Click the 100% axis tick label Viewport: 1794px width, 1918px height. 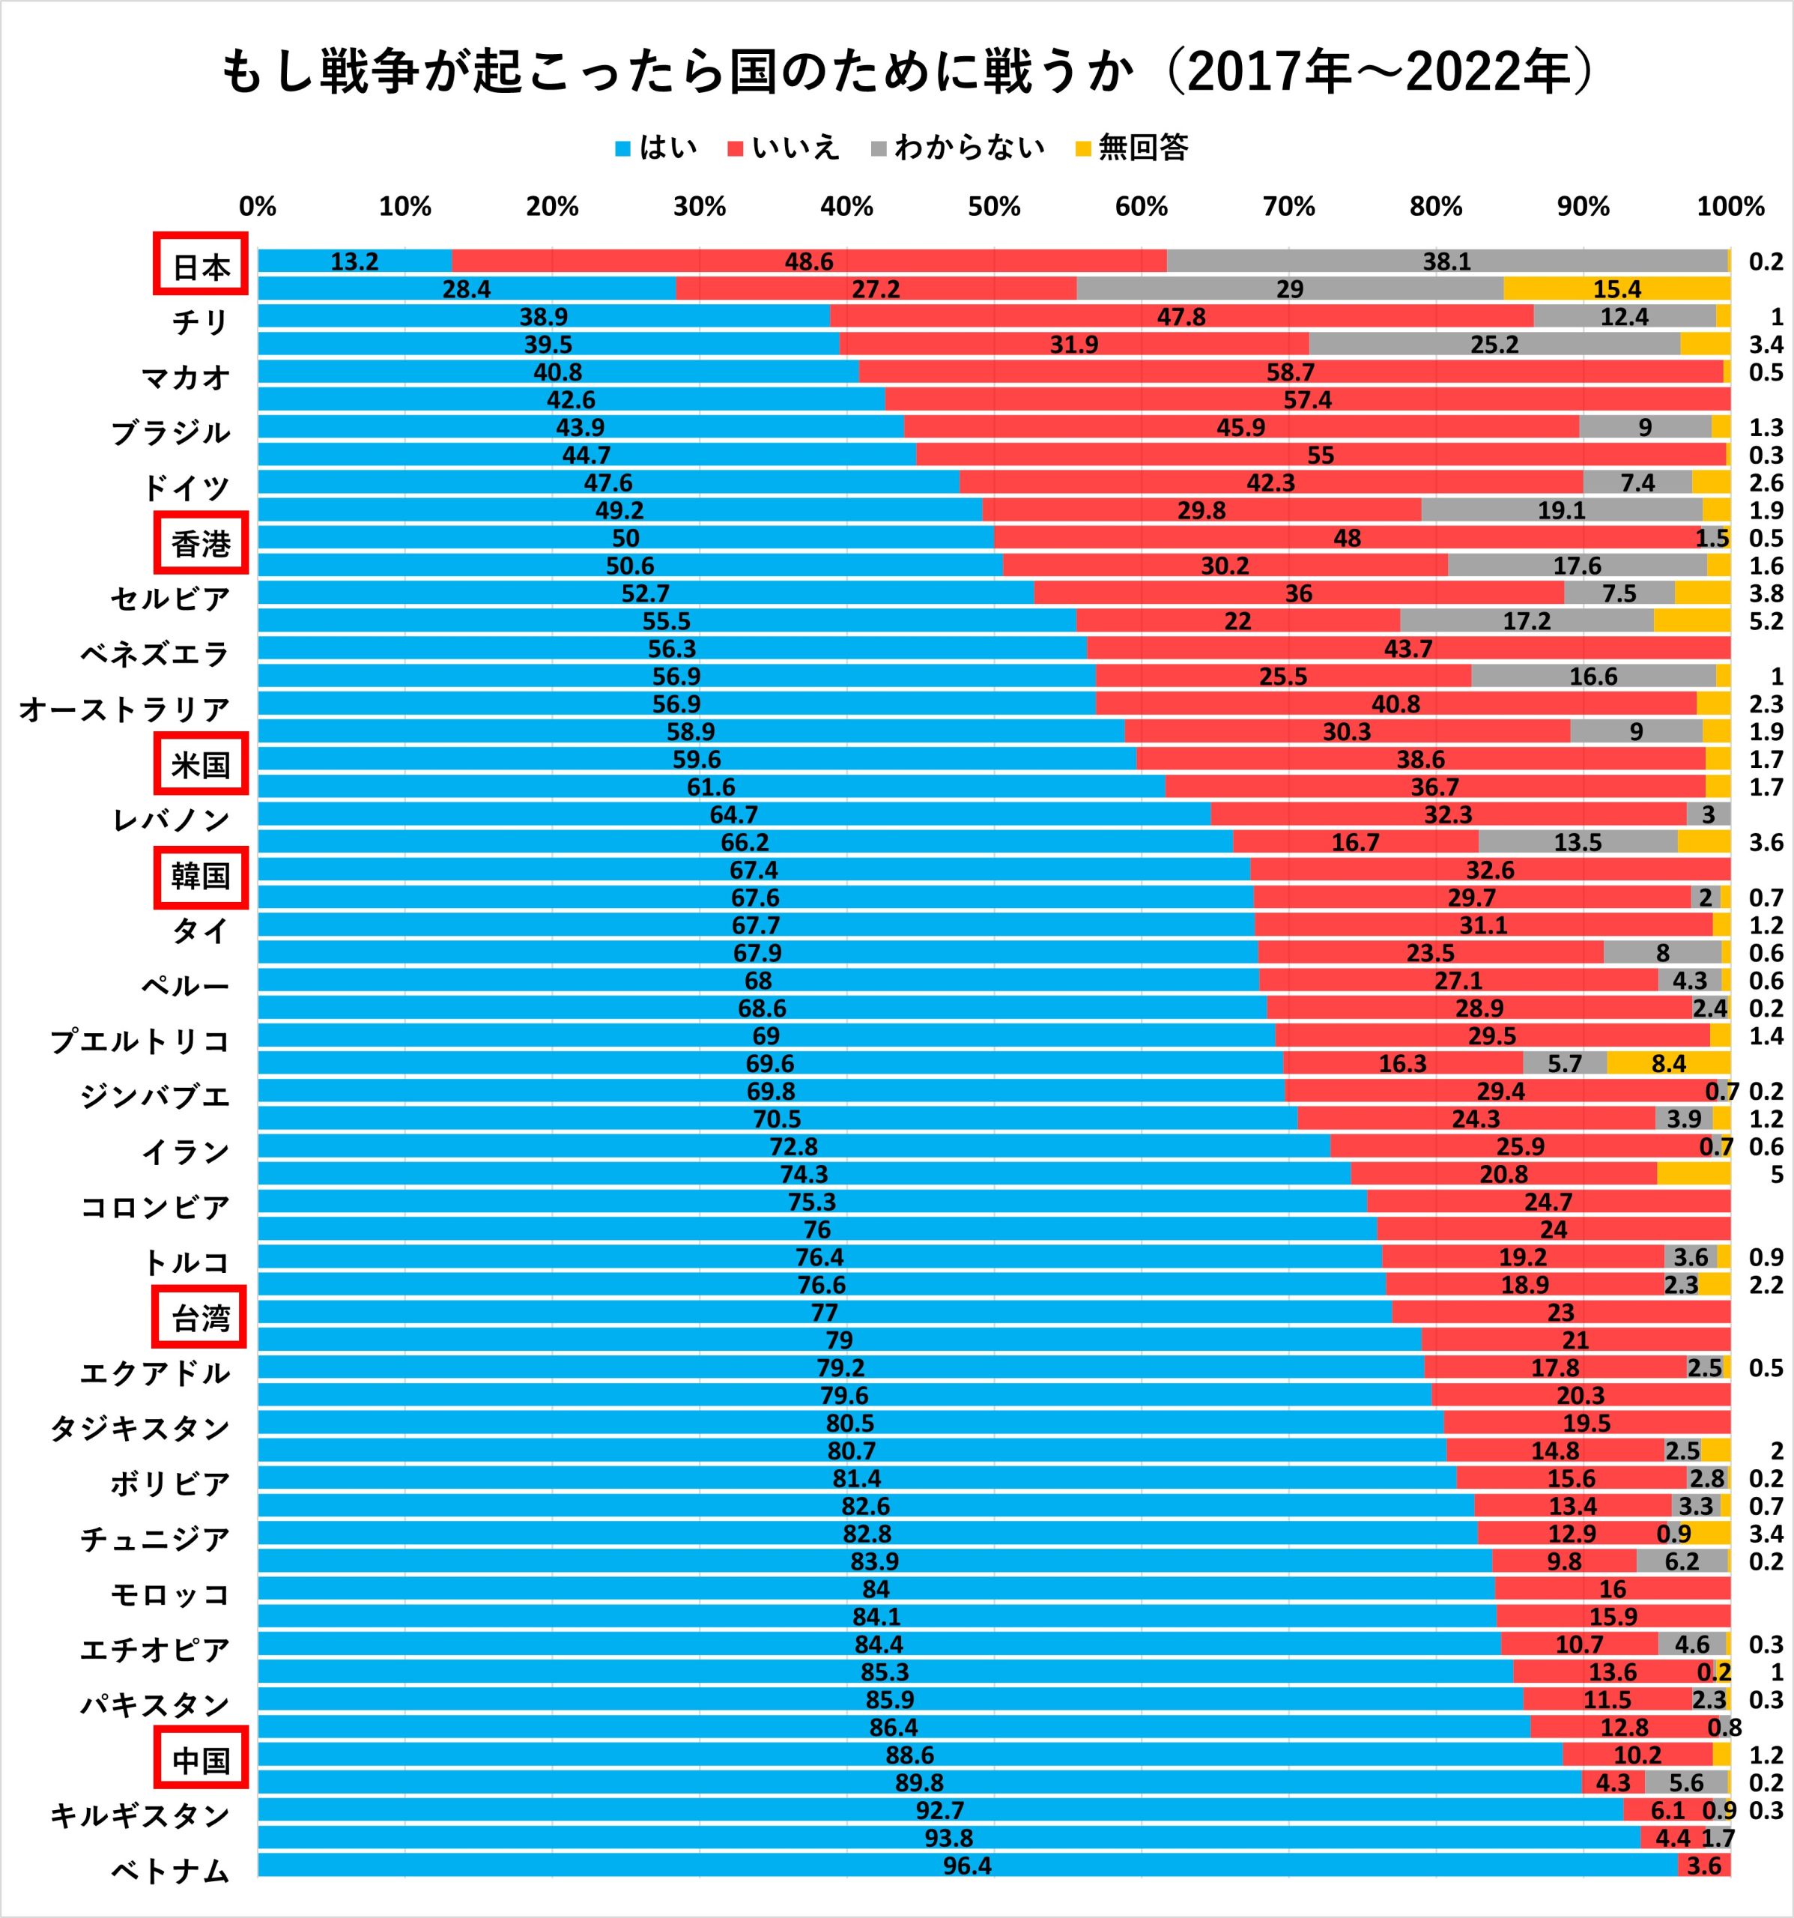tap(1730, 207)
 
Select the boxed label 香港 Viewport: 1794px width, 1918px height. tap(201, 544)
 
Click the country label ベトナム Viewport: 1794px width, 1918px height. tap(170, 1871)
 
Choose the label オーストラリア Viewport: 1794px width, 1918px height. tap(124, 709)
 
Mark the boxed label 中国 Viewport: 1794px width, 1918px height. tap(201, 1761)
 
